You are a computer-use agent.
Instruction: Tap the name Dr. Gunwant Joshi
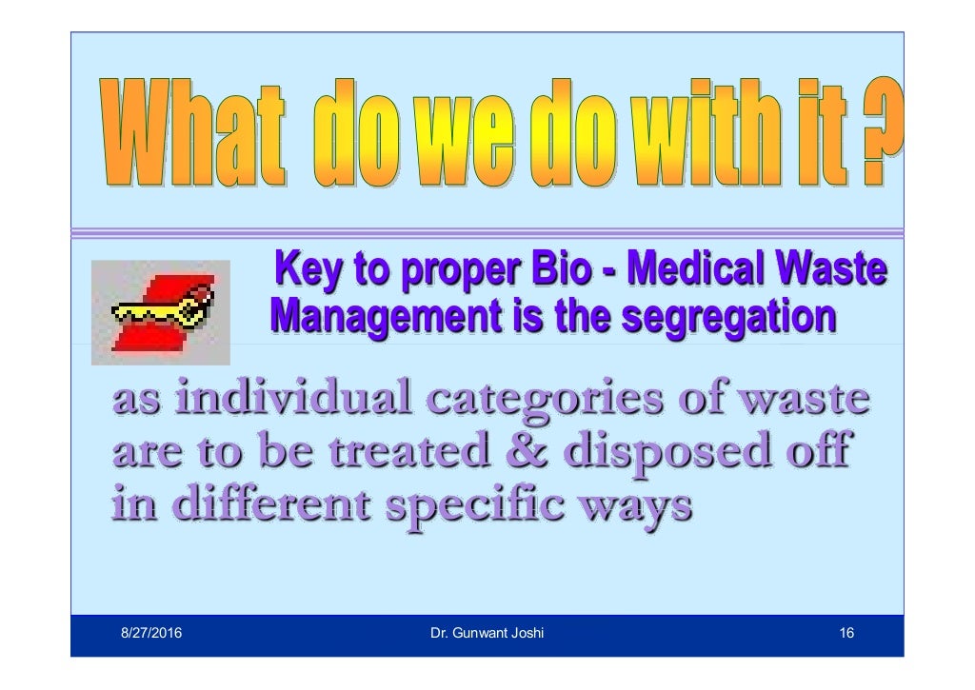click(x=487, y=633)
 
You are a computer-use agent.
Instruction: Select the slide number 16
click(x=846, y=633)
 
